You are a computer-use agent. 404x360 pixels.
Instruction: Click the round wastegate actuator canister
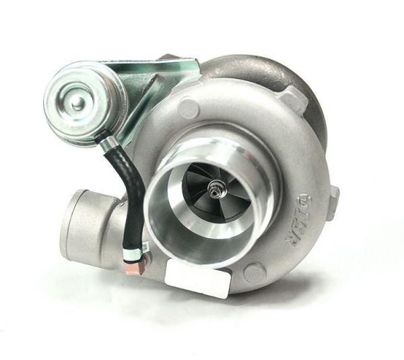click(x=85, y=101)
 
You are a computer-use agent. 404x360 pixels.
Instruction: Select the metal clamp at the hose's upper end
click(x=104, y=140)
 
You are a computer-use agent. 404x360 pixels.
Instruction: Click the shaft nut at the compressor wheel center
click(x=217, y=185)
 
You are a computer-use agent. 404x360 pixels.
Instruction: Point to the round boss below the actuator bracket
click(x=189, y=108)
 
